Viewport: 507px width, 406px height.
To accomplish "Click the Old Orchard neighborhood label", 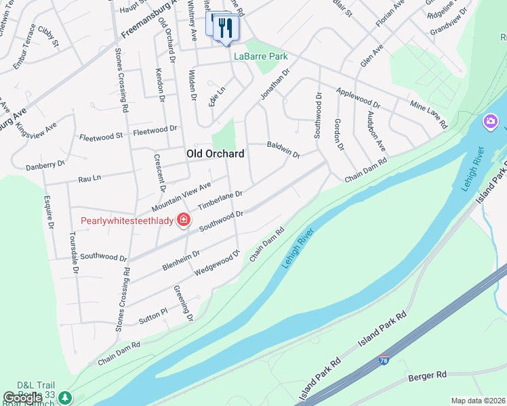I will point(215,154).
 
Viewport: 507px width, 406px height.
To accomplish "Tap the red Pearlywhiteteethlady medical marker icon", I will point(183,220).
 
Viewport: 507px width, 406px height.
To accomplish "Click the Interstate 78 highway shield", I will point(384,361).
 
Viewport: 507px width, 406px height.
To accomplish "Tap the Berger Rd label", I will point(427,375).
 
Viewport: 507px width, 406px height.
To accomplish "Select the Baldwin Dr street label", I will point(283,150).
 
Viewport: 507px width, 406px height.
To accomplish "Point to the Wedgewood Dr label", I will point(218,263).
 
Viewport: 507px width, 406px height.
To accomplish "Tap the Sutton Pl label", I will point(153,314).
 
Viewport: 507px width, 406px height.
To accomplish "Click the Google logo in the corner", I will point(23,398).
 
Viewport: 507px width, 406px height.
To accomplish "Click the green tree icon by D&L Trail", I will point(64,397).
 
